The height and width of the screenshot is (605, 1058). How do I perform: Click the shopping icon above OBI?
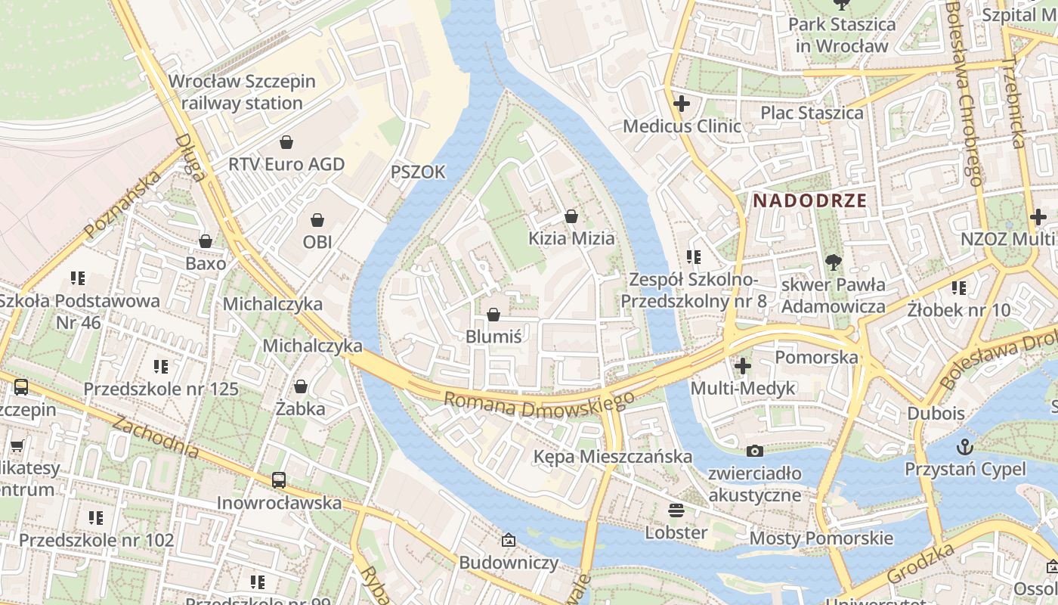(317, 220)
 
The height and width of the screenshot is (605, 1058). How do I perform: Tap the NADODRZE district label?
(809, 201)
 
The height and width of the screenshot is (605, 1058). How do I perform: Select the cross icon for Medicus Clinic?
(682, 104)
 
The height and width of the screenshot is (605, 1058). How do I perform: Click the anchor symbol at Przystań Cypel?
(965, 446)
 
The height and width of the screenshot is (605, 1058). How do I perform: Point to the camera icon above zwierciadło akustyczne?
(754, 451)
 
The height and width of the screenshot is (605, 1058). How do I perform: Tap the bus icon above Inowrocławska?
(279, 479)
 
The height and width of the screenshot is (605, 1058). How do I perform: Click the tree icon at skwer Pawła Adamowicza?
(833, 262)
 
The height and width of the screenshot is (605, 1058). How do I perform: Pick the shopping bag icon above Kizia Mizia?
(571, 216)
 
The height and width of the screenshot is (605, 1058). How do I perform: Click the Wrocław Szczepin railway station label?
(242, 92)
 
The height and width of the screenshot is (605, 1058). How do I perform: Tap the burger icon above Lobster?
(676, 510)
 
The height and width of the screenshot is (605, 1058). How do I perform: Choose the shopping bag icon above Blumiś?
(493, 314)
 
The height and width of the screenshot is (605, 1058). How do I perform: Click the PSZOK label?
(418, 172)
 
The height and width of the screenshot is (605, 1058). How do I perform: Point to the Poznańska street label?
(123, 204)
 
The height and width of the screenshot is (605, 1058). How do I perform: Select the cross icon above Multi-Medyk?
(743, 366)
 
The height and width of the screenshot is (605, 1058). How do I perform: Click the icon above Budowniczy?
(509, 540)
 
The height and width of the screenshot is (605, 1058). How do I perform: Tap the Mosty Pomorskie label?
(821, 538)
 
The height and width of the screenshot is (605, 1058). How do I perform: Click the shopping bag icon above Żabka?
(301, 386)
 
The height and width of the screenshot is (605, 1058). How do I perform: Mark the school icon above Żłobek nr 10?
(958, 287)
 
